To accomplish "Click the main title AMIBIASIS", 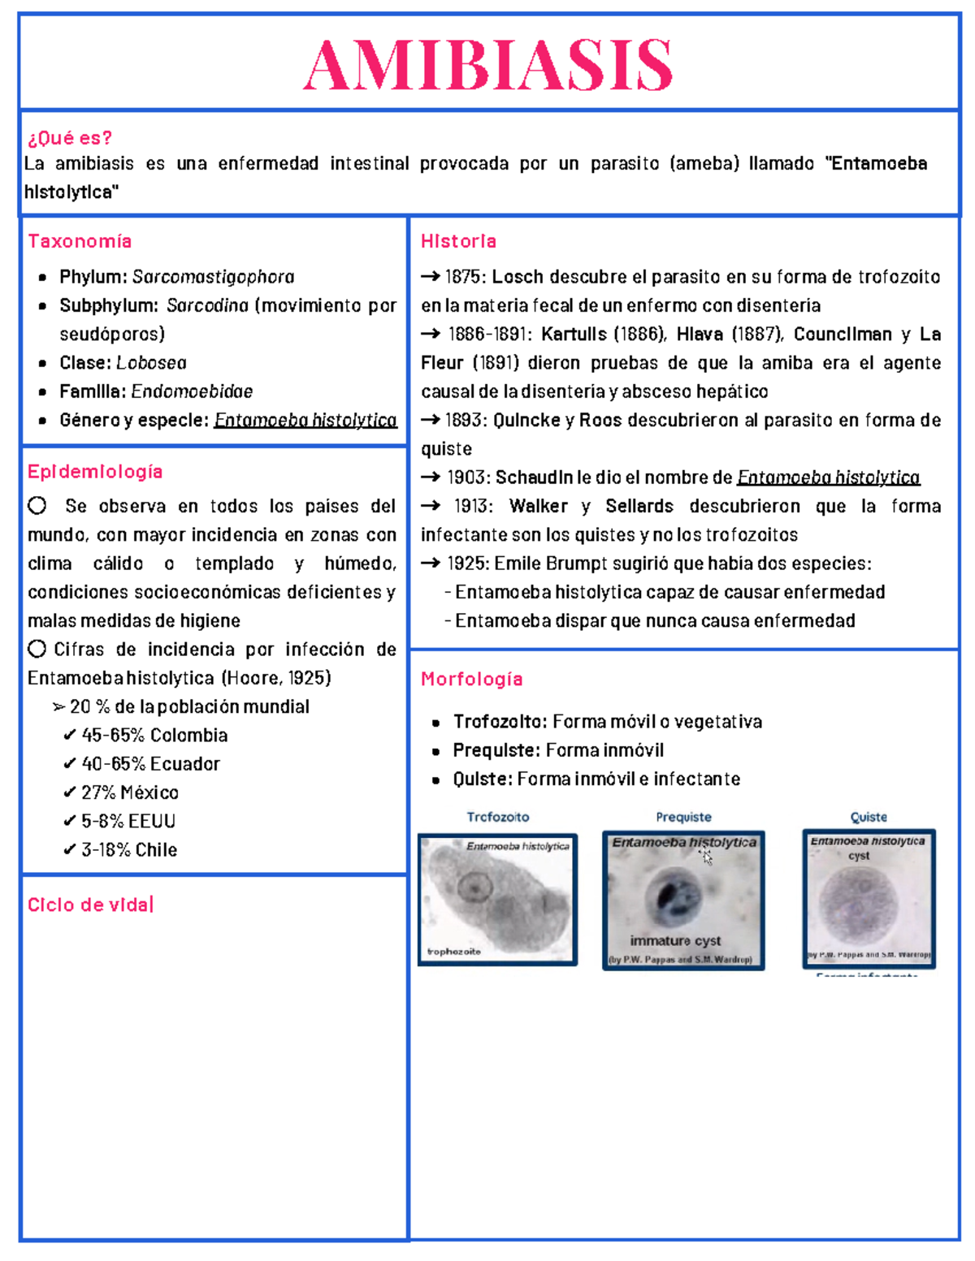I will pos(488,66).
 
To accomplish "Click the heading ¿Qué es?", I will pos(70,137).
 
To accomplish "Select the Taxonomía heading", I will pos(80,241).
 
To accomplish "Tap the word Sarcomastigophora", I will pos(214,277).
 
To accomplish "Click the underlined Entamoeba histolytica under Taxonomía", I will pos(305,420).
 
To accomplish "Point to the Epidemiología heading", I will pos(95,472).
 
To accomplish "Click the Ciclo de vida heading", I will pos(89,905).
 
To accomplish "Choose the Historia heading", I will pos(458,241).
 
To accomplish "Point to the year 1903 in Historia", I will pos(468,477).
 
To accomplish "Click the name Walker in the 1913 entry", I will pos(538,507).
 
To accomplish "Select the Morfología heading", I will pos(471,679).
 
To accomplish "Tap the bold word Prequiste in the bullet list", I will pos(496,750).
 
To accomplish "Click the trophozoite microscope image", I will pos(497,899).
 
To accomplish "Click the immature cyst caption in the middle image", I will pos(675,940).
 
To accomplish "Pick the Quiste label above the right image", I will pos(868,817).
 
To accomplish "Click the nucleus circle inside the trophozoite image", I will pos(473,887).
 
